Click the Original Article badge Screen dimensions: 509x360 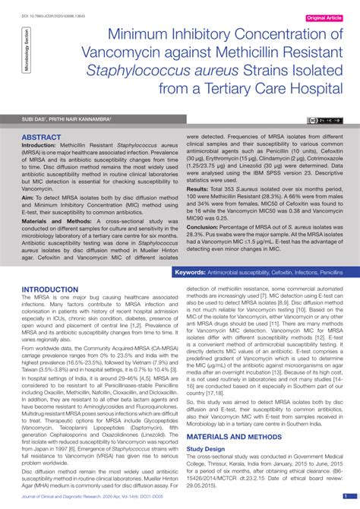[330, 17]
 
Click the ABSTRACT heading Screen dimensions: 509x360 [41, 138]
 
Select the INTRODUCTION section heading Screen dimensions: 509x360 [55, 290]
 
